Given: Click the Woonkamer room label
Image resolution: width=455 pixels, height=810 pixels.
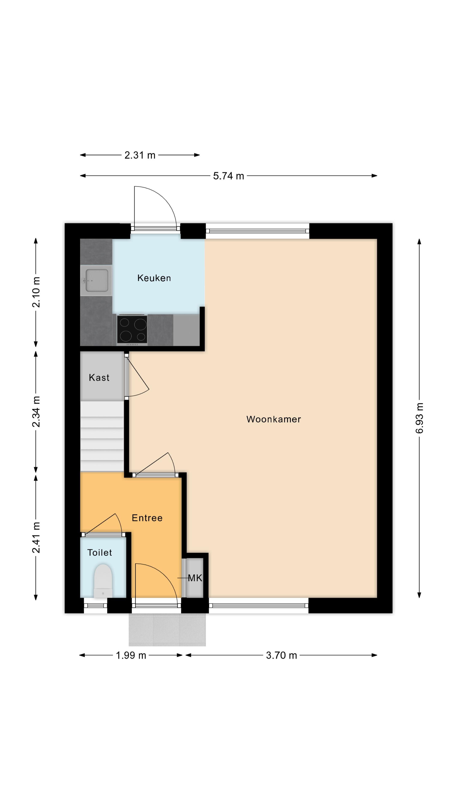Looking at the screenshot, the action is click(x=273, y=419).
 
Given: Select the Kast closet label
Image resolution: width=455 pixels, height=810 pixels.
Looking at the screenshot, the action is click(x=99, y=377).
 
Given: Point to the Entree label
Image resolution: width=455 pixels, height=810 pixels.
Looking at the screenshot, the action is click(x=147, y=518).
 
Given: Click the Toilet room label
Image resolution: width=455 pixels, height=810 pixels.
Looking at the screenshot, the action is click(x=100, y=552).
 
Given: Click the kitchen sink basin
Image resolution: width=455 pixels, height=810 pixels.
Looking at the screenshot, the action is click(x=97, y=280).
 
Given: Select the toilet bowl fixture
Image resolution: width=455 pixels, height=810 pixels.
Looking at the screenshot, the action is click(x=103, y=581).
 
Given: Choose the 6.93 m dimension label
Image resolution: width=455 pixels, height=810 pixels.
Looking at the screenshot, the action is click(x=420, y=418).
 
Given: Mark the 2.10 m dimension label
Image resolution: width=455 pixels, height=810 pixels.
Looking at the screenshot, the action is click(x=36, y=292).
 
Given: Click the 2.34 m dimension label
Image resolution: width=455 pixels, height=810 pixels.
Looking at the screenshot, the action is click(x=36, y=412).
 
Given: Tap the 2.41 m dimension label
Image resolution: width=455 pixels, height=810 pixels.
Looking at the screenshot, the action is click(x=36, y=537).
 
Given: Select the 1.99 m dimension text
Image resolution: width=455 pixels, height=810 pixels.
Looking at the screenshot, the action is click(x=131, y=655).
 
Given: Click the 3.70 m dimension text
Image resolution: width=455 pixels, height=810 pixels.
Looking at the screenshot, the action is click(x=281, y=655).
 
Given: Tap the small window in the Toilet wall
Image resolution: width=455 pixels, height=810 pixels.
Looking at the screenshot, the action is click(x=95, y=606).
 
